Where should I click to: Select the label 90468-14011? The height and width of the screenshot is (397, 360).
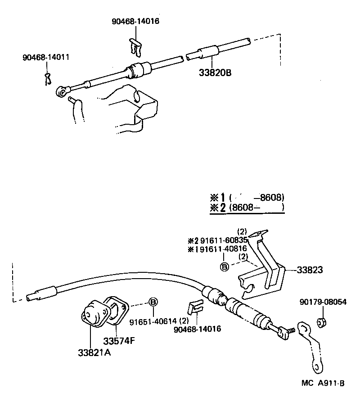(46, 58)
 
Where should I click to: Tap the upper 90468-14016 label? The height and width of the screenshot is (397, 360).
(135, 21)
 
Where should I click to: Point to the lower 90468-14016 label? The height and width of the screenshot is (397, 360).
(197, 329)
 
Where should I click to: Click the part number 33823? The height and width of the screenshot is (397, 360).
(310, 270)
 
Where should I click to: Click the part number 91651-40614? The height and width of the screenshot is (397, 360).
(153, 321)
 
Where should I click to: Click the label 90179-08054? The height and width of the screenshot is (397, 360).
(324, 302)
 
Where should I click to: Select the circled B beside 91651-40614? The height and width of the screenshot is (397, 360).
(153, 302)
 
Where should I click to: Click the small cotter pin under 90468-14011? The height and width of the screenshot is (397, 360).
(49, 78)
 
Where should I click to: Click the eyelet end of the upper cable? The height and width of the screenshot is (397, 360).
(62, 92)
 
